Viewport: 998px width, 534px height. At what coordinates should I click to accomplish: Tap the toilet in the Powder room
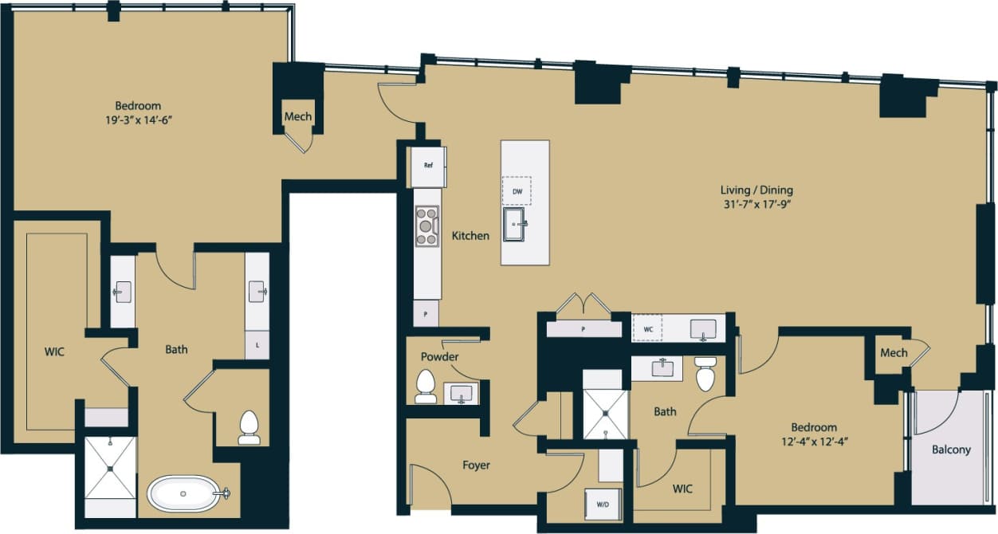426,387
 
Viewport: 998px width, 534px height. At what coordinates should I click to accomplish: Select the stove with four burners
427,226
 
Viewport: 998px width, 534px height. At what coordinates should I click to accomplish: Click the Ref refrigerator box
428,167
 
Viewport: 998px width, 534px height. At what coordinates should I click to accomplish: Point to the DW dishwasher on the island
517,191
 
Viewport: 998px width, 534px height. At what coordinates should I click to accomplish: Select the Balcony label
951,450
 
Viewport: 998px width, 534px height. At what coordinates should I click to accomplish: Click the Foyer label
476,465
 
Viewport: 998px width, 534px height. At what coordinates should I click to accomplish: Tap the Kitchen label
470,236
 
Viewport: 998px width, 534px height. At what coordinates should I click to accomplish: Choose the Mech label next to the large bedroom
298,117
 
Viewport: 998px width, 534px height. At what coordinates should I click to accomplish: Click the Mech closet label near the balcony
894,352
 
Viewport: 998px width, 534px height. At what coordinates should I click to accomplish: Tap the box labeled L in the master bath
257,347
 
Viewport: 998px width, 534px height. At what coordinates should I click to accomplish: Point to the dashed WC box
646,328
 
